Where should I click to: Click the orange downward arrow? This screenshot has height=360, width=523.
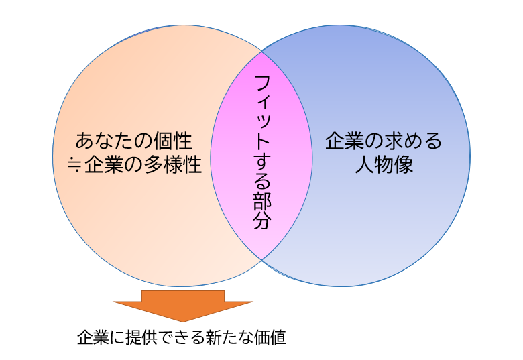[x=183, y=306]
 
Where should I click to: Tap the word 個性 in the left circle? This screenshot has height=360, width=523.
[x=172, y=141]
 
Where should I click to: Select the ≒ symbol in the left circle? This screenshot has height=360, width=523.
[x=74, y=165]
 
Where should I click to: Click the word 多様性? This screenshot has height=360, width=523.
[x=173, y=164]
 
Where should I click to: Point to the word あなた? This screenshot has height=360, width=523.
[x=105, y=141]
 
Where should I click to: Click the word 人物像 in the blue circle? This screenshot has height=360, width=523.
[x=384, y=164]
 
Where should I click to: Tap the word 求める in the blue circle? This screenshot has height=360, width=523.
[x=412, y=141]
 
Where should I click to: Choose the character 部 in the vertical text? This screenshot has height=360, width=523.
[x=262, y=201]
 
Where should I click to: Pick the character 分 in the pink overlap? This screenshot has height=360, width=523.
[x=262, y=221]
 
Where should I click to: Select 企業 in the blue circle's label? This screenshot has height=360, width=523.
[x=345, y=141]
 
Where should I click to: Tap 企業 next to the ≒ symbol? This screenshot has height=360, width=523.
[x=104, y=164]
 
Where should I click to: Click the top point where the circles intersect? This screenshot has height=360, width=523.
[x=261, y=52]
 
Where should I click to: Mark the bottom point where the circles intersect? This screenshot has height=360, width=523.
[x=261, y=259]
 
